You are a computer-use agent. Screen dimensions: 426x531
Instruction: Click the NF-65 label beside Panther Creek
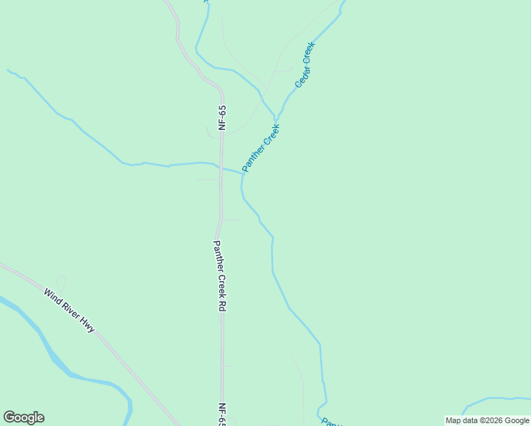(x=222, y=118)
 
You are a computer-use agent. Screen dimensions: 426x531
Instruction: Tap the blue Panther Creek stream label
(x=261, y=148)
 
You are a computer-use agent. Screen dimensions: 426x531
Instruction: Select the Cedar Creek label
(x=305, y=65)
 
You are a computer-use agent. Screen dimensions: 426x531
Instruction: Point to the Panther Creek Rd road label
(x=220, y=276)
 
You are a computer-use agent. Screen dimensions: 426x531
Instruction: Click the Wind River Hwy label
(x=69, y=310)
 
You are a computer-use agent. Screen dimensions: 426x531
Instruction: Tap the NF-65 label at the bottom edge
(x=221, y=415)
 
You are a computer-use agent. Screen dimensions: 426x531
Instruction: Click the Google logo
(x=23, y=417)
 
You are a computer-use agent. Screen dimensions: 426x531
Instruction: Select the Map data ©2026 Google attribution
(x=488, y=420)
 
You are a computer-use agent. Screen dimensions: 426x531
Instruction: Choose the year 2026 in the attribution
(x=492, y=420)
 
